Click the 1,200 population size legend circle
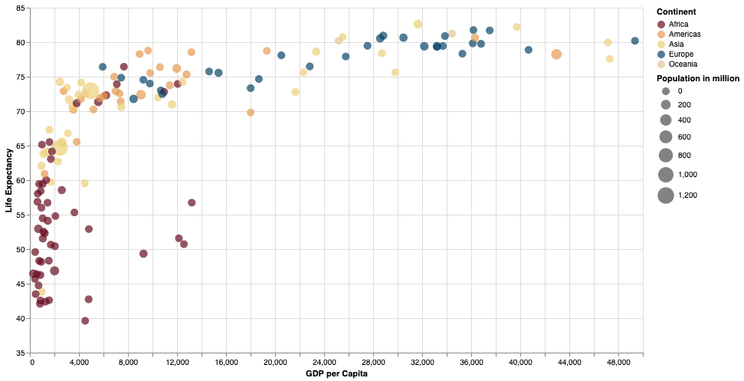(665, 195)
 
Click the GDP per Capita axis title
(336, 374)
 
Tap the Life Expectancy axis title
(9, 180)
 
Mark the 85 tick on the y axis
(20, 8)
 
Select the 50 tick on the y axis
(20, 249)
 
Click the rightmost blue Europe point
(634, 41)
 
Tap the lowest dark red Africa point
(85, 320)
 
